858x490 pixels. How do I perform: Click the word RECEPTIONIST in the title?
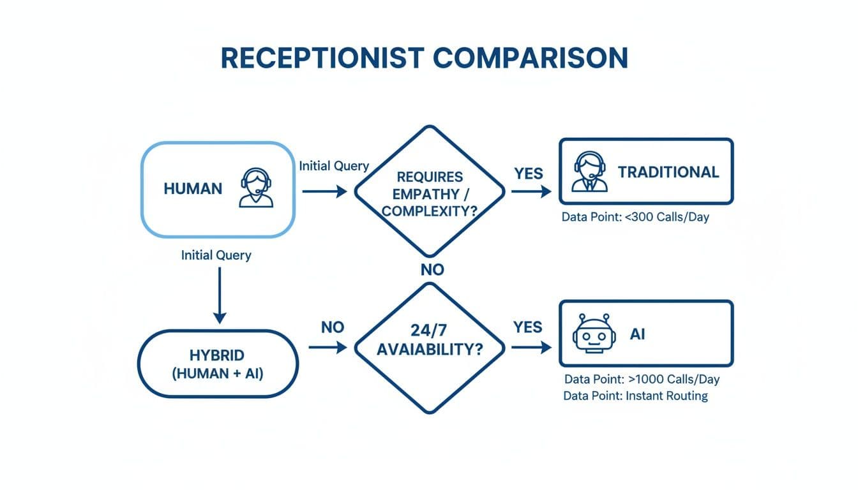tap(322, 58)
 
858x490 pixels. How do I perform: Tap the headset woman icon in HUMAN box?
tap(256, 188)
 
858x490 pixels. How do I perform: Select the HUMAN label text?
tap(193, 189)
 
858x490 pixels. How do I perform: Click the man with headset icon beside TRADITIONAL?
tap(589, 172)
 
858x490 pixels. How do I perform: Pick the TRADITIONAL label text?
tap(668, 172)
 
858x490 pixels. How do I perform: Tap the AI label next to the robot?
tap(637, 334)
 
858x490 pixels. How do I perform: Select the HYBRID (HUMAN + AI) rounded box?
tap(218, 364)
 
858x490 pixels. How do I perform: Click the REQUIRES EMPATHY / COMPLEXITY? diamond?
tap(429, 191)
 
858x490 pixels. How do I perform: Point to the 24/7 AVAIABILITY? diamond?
tap(429, 348)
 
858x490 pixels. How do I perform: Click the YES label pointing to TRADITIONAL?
tap(528, 174)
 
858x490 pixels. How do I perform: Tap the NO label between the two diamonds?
tap(432, 270)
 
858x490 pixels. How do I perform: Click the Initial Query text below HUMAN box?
tap(216, 255)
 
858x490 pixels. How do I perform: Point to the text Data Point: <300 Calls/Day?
tap(635, 217)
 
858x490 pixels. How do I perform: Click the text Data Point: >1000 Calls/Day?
tap(640, 379)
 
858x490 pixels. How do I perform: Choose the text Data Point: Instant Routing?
tap(635, 396)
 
